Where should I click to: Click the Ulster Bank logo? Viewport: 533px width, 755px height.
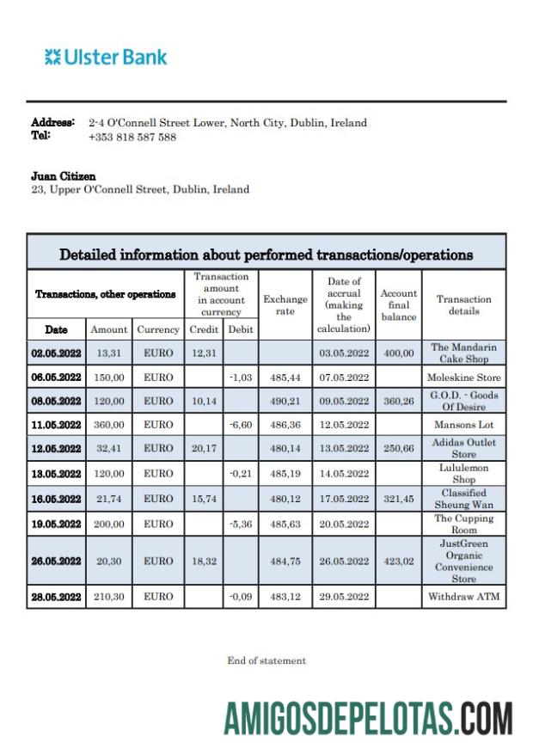pyautogui.click(x=106, y=58)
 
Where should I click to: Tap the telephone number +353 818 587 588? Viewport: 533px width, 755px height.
pyautogui.click(x=132, y=137)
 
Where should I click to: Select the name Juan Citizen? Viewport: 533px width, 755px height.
pyautogui.click(x=64, y=176)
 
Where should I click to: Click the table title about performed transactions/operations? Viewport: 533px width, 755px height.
pyautogui.click(x=266, y=255)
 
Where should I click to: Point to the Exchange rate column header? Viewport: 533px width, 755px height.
pyautogui.click(x=285, y=304)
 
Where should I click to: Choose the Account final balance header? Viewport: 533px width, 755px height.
pyautogui.click(x=398, y=304)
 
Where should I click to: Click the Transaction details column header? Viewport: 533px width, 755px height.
pyautogui.click(x=463, y=304)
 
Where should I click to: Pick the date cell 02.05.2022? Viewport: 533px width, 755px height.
pyautogui.click(x=56, y=353)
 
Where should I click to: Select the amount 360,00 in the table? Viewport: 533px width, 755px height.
pyautogui.click(x=108, y=425)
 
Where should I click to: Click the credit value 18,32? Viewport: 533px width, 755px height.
pyautogui.click(x=204, y=561)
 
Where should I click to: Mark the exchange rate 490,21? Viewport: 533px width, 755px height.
pyautogui.click(x=285, y=401)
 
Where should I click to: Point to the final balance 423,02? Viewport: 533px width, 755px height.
pyautogui.click(x=398, y=561)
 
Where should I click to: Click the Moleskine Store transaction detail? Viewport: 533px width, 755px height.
pyautogui.click(x=463, y=377)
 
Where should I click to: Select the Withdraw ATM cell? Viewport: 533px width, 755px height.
pyautogui.click(x=463, y=596)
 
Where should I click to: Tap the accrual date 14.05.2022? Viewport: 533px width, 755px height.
pyautogui.click(x=344, y=473)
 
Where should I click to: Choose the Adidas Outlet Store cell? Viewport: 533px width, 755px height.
pyautogui.click(x=463, y=448)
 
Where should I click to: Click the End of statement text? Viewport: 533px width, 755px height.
pyautogui.click(x=266, y=660)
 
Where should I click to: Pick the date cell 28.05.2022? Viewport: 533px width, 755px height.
pyautogui.click(x=56, y=596)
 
